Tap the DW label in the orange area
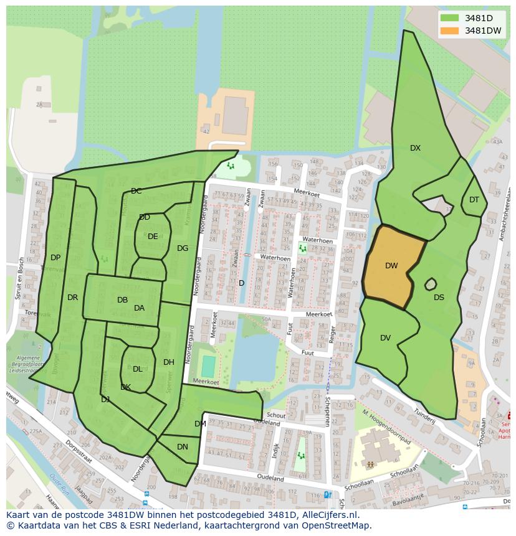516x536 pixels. pos(391,266)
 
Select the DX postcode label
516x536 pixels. pos(415,148)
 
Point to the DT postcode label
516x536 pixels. pos(474,200)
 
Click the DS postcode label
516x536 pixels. pos(439,298)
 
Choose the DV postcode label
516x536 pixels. pos(385,338)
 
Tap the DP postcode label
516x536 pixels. pos(55,258)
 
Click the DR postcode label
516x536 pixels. pos(72,298)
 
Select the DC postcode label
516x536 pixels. pos(136,191)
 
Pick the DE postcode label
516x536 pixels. pos(153,237)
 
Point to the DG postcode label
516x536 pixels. pos(182,248)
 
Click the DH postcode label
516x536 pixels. pos(168,362)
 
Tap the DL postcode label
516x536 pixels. pos(137,369)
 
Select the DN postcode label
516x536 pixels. pos(182,447)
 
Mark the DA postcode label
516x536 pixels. pos(139,308)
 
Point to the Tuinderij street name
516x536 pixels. pos(424,415)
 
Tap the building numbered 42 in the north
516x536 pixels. pos(206,131)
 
